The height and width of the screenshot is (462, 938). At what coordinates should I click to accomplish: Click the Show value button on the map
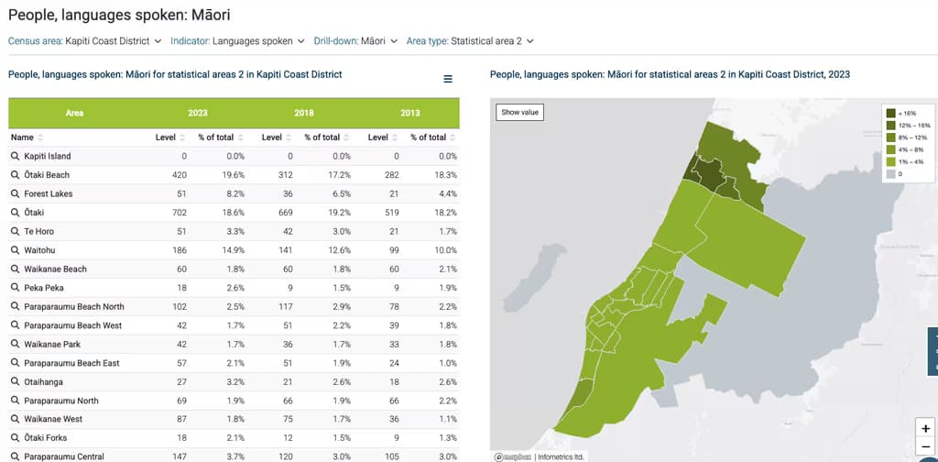[520, 112]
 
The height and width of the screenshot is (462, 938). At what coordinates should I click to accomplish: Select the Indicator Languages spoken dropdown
[237, 41]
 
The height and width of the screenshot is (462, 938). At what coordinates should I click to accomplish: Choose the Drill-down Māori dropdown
[355, 41]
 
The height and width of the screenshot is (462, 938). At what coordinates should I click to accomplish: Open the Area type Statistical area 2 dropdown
[470, 41]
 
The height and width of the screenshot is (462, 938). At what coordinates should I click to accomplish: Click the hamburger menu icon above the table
[448, 79]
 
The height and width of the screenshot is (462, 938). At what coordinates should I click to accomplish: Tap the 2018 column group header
[303, 113]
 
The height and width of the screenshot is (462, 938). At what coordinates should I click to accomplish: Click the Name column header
[22, 137]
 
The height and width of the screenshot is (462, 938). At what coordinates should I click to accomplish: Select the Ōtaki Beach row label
[47, 175]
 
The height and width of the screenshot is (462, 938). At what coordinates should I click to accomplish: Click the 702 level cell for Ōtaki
[178, 213]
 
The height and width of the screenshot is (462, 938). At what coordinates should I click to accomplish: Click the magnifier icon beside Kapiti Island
[16, 157]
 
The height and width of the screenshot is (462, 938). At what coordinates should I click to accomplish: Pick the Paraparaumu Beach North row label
[74, 306]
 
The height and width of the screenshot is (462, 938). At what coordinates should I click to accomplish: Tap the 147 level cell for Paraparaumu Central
[178, 456]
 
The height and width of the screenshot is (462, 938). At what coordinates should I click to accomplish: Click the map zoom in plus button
[926, 428]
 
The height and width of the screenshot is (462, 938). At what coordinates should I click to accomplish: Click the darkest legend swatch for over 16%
[889, 112]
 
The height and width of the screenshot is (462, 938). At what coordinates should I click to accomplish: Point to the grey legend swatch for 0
[889, 173]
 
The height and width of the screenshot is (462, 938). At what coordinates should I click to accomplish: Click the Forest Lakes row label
[49, 194]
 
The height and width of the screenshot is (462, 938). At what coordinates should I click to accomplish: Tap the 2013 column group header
[409, 113]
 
